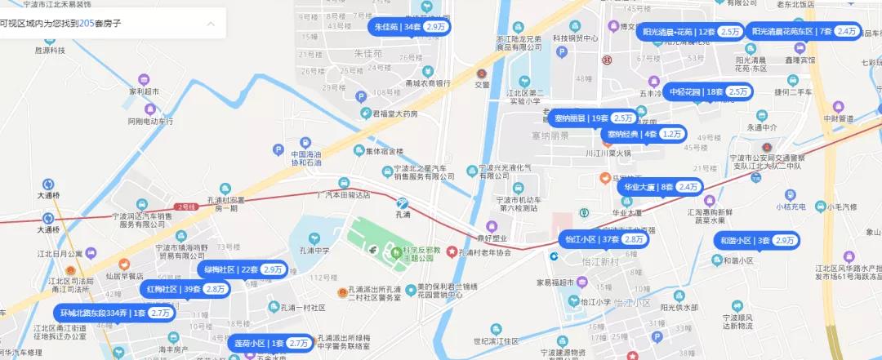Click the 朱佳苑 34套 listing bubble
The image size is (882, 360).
pos(411,27)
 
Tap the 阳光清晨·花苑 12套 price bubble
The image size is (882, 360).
pos(692,32)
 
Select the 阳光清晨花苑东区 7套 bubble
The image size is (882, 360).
pos(804,32)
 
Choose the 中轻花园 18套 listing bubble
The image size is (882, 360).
pos(707,92)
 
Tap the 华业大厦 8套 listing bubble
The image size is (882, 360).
pos(661,187)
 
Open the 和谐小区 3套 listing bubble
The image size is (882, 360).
pos(756,241)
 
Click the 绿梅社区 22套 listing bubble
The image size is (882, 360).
pos(243,269)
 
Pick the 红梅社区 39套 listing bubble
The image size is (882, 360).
pos(185,289)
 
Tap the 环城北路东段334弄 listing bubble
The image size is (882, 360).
pos(114,313)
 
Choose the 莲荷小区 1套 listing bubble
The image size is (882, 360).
pos(270,343)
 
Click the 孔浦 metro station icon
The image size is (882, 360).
pos(402,202)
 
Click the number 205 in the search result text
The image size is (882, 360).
pos(87,24)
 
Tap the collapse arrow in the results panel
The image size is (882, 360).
pos(211,24)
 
